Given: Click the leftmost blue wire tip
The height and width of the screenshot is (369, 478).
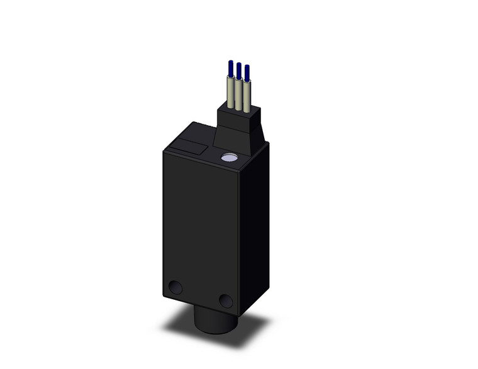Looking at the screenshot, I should point(231,67).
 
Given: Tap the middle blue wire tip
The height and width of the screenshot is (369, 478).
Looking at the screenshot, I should point(238,70).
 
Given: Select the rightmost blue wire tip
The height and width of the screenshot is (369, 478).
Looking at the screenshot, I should point(247,72).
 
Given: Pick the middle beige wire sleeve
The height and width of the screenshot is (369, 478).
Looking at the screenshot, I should point(239,94).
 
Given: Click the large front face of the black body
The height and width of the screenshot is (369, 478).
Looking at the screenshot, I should point(201,226).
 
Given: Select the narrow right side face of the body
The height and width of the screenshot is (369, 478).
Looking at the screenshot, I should point(255,226).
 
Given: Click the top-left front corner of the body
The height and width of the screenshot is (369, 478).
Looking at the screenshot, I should point(164,150).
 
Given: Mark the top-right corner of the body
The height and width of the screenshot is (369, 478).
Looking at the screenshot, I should point(268,143).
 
